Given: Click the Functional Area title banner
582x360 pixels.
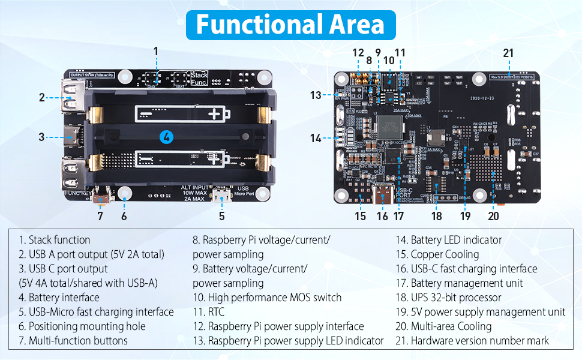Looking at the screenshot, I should [290, 25].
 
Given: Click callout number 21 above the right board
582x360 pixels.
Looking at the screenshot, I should [508, 53].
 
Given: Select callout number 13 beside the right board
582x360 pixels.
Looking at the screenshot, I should [316, 95].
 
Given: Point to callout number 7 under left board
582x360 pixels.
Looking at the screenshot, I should [100, 216].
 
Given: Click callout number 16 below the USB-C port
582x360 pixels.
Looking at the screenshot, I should [383, 216].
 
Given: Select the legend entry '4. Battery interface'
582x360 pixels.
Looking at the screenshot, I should [59, 297].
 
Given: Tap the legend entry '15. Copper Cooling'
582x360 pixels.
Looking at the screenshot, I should [437, 254].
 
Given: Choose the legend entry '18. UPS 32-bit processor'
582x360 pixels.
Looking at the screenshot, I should [448, 297].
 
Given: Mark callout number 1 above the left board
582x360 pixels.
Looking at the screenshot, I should [156, 51].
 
